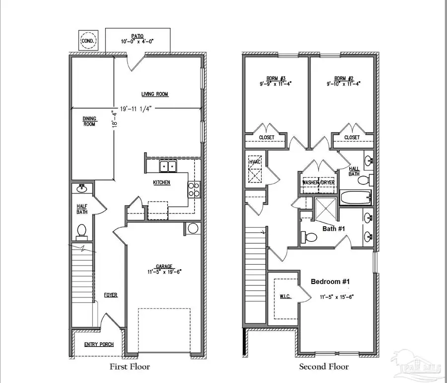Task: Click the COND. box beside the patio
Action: coord(89,40)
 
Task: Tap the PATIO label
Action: coord(138,36)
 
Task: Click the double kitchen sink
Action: coord(168,166)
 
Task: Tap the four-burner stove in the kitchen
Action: coord(194,190)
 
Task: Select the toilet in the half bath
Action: coord(82,231)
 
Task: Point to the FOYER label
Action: coord(110,295)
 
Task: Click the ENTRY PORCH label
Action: coord(99,344)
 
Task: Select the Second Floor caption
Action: coord(323,367)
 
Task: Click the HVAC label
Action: coord(254,162)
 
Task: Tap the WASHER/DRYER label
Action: coord(318,183)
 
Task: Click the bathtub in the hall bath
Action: coord(355,197)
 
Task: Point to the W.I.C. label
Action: coord(285,297)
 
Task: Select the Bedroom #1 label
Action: coord(330,282)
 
